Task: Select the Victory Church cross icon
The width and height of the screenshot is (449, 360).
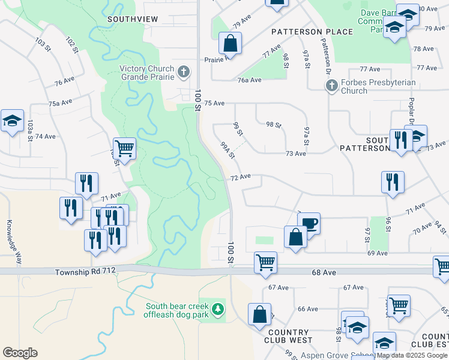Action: [184, 73]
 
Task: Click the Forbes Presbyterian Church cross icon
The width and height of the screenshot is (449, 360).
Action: [331, 86]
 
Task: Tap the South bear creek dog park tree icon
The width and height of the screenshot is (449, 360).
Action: [219, 310]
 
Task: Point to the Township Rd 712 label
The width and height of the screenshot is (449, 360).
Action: [85, 271]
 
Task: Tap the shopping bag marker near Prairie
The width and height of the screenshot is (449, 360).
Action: [231, 44]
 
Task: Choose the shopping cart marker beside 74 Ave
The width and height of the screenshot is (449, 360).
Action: [124, 148]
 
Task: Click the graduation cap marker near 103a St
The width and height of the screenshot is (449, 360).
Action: [12, 121]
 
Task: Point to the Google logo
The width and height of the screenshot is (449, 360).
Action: [20, 353]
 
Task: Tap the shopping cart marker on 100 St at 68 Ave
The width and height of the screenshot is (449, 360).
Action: [265, 262]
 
